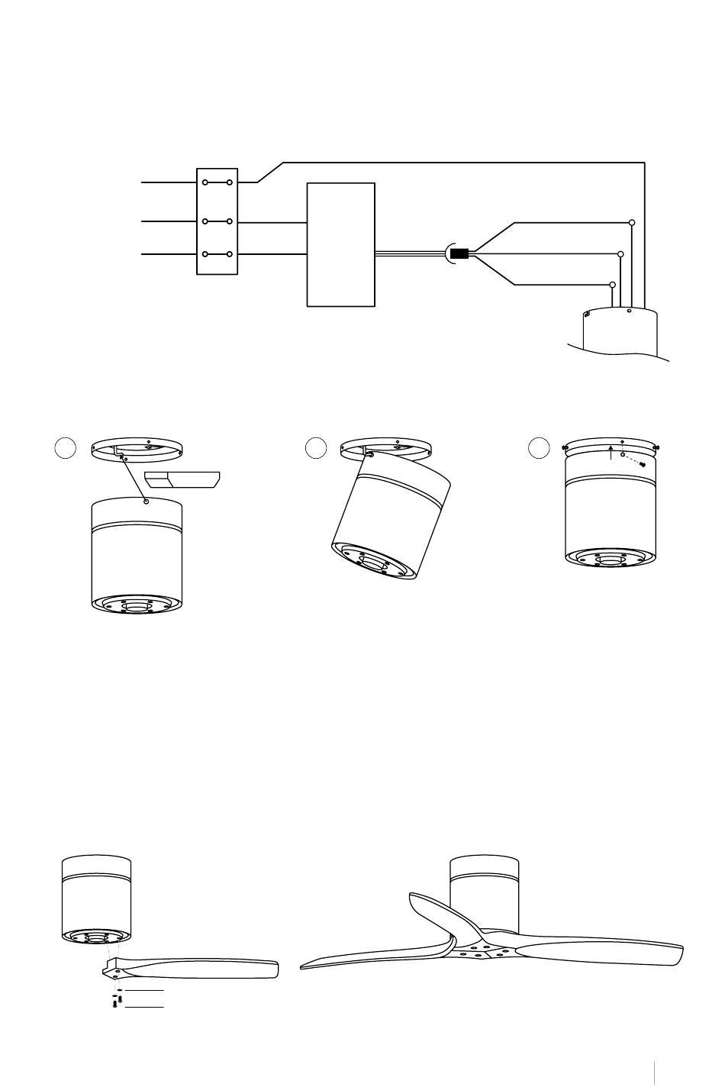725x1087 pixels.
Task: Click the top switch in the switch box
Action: click(217, 183)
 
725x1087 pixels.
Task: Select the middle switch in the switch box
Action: click(217, 222)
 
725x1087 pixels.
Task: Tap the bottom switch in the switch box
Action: click(217, 254)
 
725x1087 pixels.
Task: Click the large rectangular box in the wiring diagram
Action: click(340, 244)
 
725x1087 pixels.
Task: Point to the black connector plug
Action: click(459, 253)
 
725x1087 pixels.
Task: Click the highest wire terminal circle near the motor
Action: click(632, 223)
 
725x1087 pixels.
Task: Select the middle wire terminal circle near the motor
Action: click(620, 254)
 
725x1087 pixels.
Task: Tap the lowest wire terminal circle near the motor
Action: click(612, 285)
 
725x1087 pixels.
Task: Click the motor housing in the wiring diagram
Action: click(618, 332)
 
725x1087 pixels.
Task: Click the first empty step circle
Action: click(66, 448)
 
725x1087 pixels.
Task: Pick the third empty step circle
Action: click(540, 448)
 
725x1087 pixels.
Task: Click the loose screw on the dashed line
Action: click(643, 464)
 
